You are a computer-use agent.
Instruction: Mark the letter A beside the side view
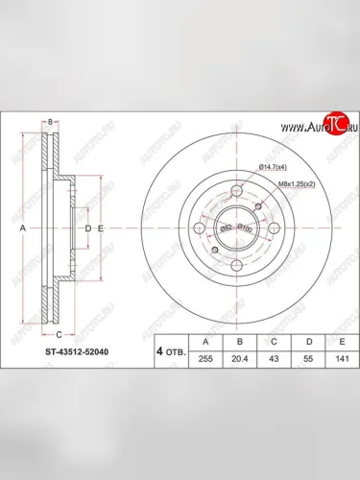(x=23, y=229)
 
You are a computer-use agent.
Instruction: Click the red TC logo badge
(x=333, y=123)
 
